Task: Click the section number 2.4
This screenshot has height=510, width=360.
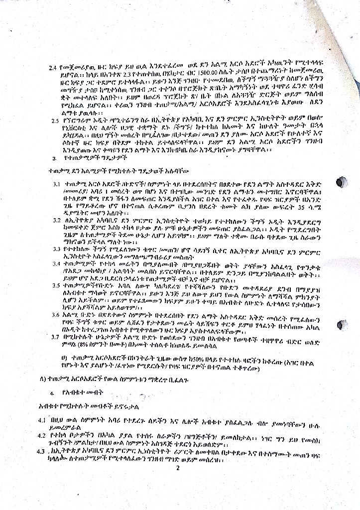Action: point(53,67)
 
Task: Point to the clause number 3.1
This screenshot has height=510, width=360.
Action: point(57,184)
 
